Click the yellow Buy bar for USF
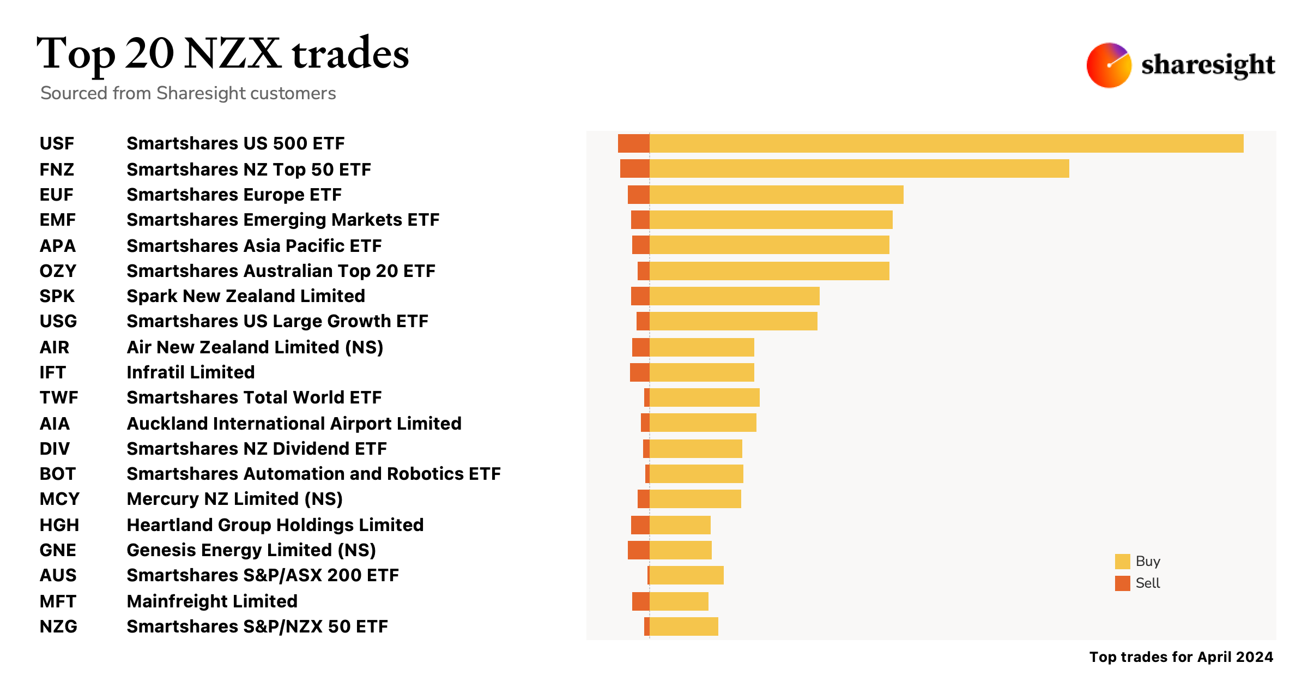coord(946,143)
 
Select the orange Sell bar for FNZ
coord(634,169)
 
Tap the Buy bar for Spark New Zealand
coord(734,296)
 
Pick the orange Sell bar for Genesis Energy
coord(638,550)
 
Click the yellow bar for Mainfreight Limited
coord(679,601)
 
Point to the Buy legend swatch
coord(1122,562)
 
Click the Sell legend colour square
coord(1122,583)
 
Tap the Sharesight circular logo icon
coord(1109,65)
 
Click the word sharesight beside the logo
coord(1208,65)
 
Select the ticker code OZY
coord(58,271)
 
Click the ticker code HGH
coord(59,525)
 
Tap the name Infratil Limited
coord(191,372)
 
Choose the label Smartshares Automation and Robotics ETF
coord(313,474)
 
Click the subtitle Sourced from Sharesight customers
coord(188,93)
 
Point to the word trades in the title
coord(350,55)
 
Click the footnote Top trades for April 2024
coord(1181,657)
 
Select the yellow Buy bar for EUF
coord(776,195)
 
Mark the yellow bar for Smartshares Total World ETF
coord(704,397)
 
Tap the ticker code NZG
coord(58,626)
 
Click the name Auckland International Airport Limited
coord(294,424)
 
